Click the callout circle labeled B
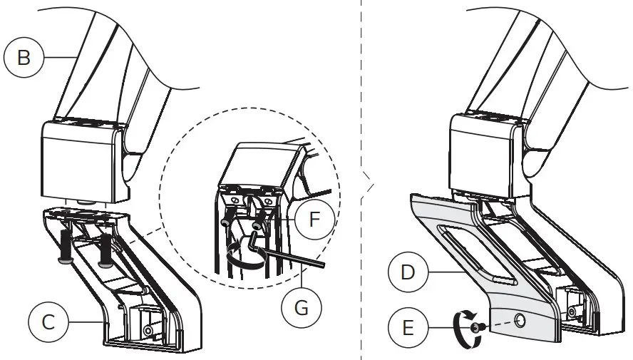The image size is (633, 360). click(x=24, y=57)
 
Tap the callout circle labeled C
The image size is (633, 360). click(x=48, y=322)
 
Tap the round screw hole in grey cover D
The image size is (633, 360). click(x=520, y=322)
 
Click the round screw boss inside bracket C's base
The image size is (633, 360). click(x=148, y=331)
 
